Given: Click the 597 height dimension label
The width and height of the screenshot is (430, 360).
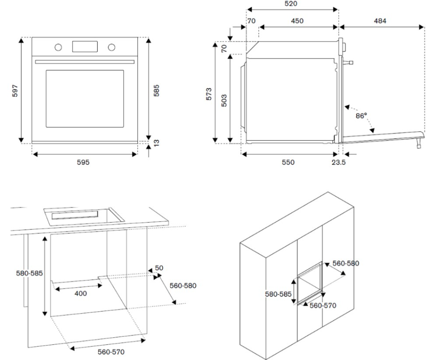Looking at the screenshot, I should (x=15, y=91).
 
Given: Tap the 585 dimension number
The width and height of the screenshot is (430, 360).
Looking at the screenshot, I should (x=157, y=91).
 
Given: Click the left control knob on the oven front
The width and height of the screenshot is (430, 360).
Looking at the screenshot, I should (x=58, y=47).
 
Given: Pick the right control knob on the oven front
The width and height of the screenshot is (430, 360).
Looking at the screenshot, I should (x=111, y=47).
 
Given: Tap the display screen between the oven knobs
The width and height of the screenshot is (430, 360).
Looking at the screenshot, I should (x=85, y=47).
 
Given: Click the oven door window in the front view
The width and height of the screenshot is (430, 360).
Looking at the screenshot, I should (x=85, y=99).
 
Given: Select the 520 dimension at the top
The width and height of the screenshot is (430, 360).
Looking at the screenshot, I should (x=291, y=4).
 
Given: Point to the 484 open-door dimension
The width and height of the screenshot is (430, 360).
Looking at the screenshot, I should (x=380, y=21).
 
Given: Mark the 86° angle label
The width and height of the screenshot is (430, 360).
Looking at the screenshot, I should (x=361, y=116).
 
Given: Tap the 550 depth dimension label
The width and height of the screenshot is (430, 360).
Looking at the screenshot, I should (x=289, y=162).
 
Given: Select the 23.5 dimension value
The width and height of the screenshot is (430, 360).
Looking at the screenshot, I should (x=339, y=162).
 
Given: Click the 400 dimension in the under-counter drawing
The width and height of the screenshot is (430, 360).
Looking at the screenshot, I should (x=80, y=293).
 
